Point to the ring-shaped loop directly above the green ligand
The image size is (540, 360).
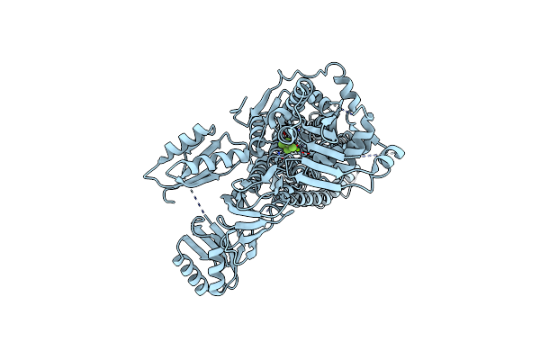285,118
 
